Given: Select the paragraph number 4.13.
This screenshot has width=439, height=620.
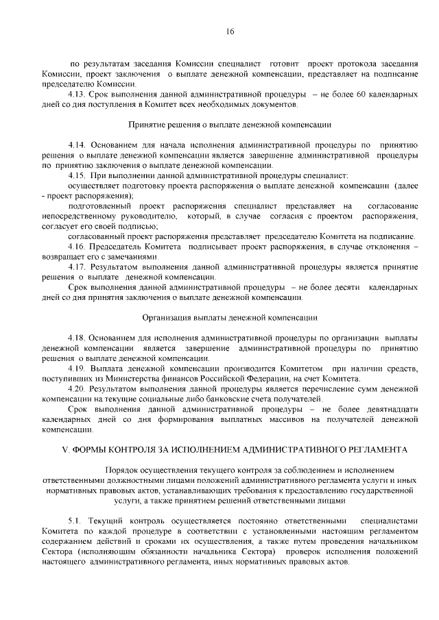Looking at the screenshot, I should coord(77,94).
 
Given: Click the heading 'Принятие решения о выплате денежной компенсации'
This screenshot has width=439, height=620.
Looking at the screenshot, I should coord(230,125).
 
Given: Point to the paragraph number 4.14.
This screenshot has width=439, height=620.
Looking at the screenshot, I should coord(77,145).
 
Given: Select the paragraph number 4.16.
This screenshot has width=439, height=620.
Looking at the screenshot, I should coord(77,247).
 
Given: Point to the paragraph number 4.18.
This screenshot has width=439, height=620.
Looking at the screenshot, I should coord(77,338).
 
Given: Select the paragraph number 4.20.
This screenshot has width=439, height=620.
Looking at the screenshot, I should coord(77,388).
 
